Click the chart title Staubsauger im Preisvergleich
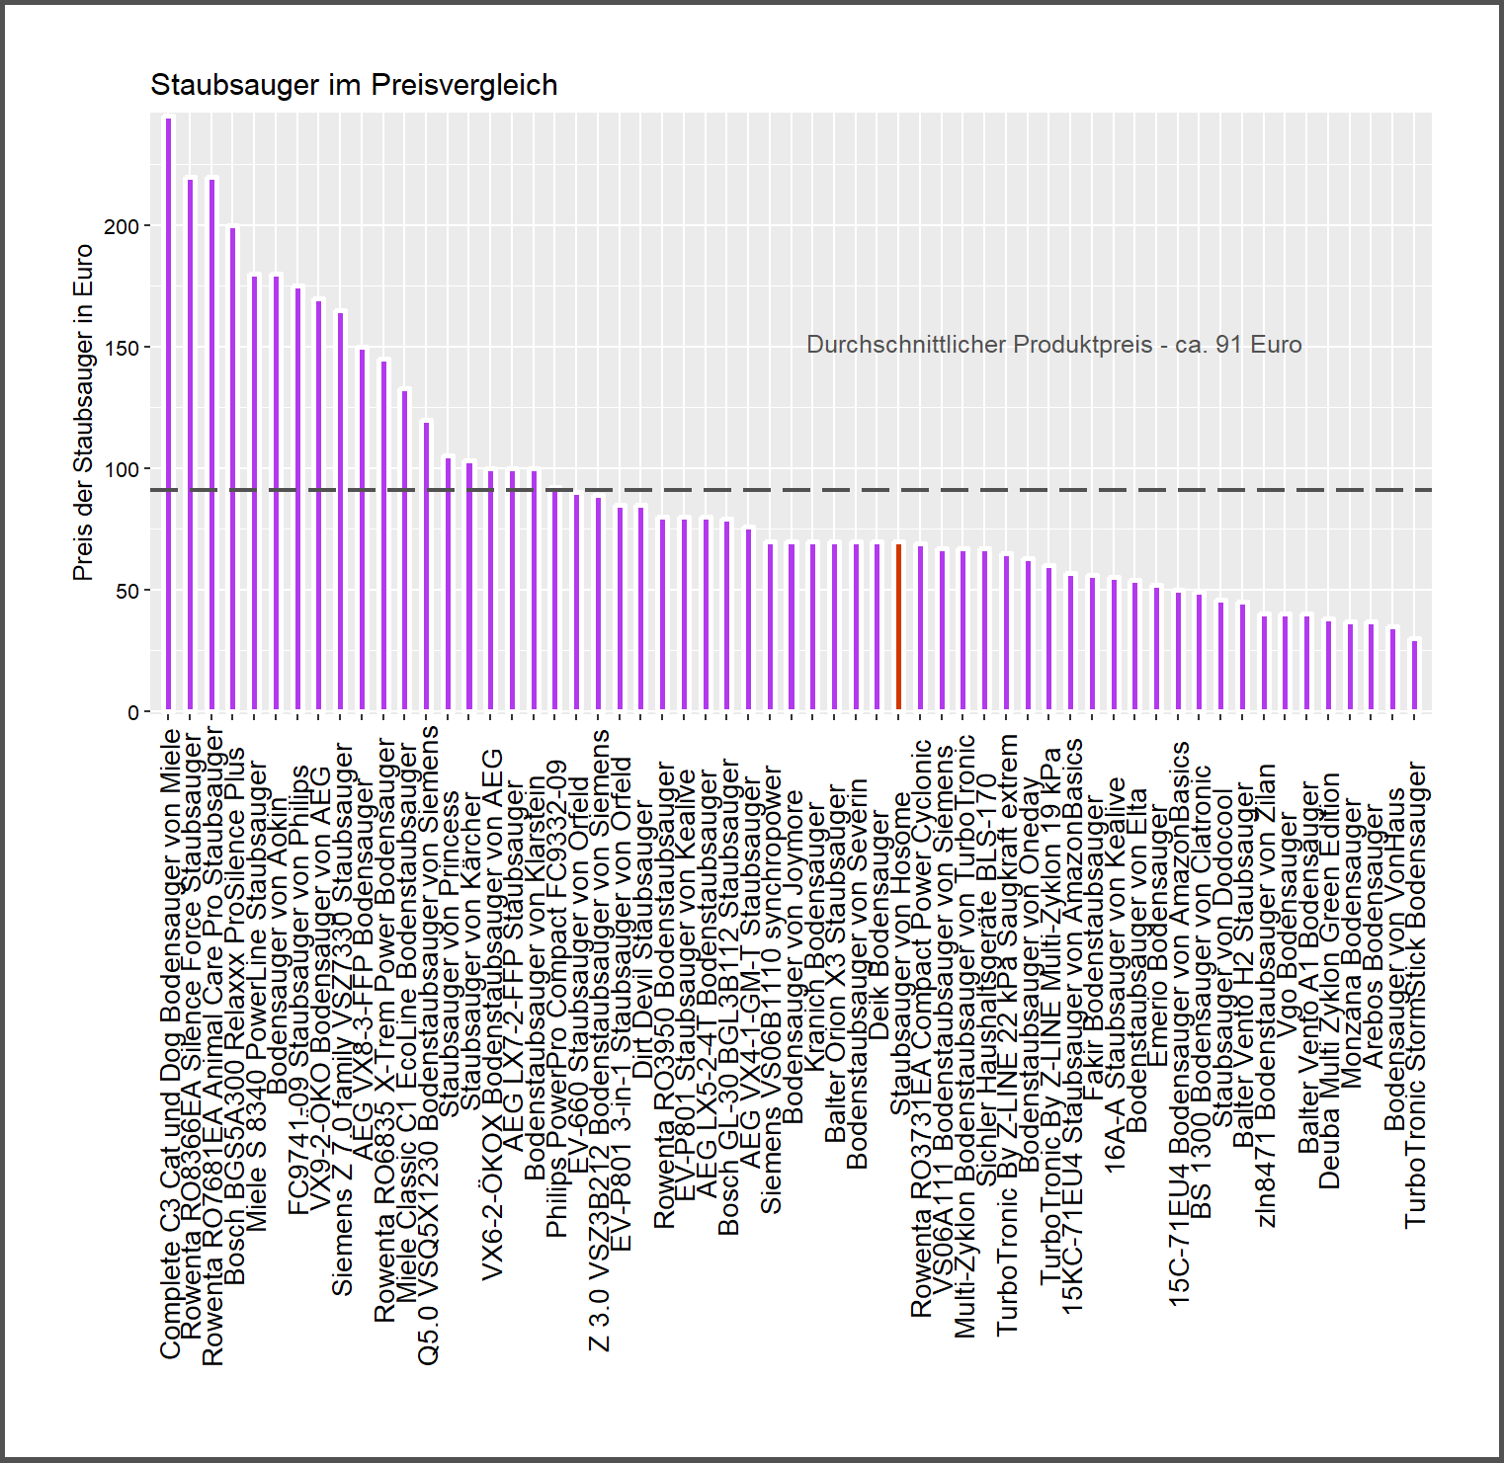point(354,85)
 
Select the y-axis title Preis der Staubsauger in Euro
point(83,413)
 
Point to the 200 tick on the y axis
point(122,226)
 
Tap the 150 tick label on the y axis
point(122,348)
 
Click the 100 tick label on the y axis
point(122,469)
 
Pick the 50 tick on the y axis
point(126,591)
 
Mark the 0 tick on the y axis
point(133,712)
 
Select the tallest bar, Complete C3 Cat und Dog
point(168,415)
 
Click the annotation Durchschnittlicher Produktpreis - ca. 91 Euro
point(1053,345)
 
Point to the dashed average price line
point(1087,490)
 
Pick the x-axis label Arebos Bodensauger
point(1373,938)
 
